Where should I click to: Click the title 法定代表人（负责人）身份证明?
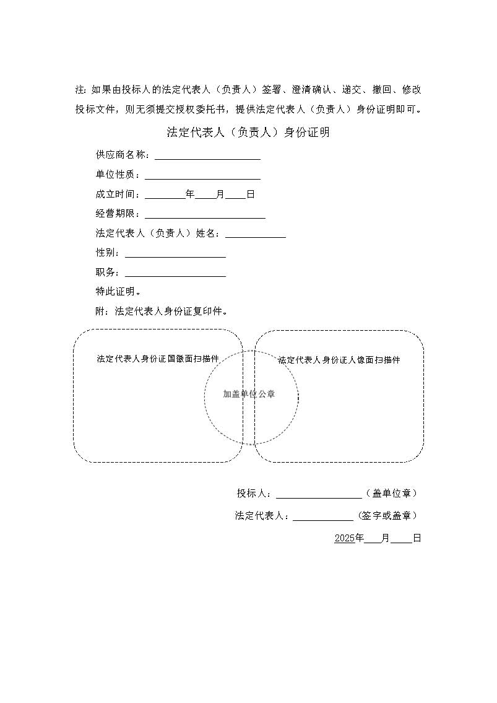point(248,132)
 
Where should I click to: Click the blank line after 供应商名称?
point(207,156)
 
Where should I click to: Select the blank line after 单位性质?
point(202,176)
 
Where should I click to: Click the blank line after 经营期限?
point(205,215)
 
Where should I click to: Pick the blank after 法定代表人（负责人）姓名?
point(256,235)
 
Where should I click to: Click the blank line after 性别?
point(175,254)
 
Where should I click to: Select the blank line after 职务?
point(175,274)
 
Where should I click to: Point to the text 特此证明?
point(118,292)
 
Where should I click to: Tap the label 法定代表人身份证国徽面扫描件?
point(158,359)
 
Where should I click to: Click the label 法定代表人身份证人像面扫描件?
point(339,360)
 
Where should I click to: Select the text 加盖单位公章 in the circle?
point(249,394)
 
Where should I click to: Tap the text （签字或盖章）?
point(387,516)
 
